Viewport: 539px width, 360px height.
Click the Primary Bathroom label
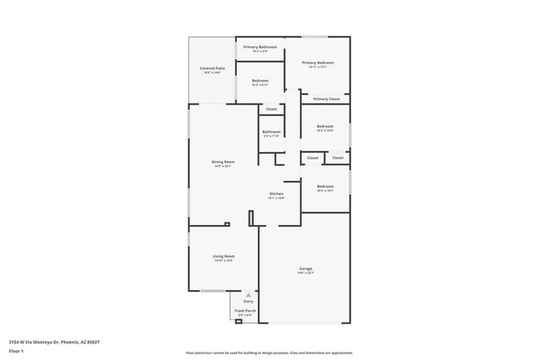(x=260, y=46)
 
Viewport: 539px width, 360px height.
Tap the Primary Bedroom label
(x=318, y=63)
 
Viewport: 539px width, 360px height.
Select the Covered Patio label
(x=212, y=68)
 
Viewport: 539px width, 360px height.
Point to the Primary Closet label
(x=326, y=99)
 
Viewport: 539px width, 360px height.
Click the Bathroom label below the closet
(x=271, y=132)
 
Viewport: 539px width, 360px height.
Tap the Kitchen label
(x=276, y=194)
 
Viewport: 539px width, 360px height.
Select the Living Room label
(x=223, y=256)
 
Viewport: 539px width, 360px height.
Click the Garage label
(x=306, y=269)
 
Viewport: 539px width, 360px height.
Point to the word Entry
(x=248, y=301)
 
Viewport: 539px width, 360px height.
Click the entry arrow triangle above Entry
(x=248, y=294)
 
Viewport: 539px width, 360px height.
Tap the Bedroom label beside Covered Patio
(x=260, y=80)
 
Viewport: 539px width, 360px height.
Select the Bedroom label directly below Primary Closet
(x=324, y=126)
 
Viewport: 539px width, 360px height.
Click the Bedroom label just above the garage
(x=324, y=186)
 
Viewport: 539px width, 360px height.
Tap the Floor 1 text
(x=17, y=351)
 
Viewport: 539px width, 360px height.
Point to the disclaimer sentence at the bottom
(x=269, y=353)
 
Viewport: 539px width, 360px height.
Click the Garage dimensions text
(x=306, y=273)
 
